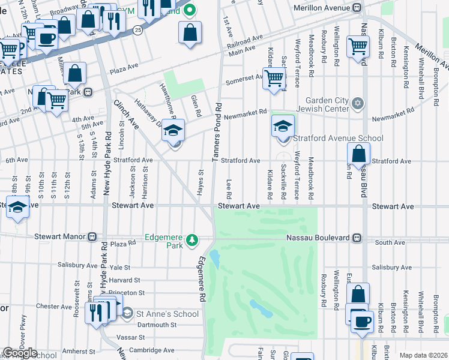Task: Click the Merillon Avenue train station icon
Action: click(x=357, y=8)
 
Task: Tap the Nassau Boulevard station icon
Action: click(x=357, y=238)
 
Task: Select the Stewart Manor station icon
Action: click(x=92, y=237)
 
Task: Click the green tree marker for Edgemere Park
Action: click(x=191, y=241)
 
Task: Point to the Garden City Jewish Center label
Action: click(x=327, y=104)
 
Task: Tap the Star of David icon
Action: click(x=358, y=104)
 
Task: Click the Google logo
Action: click(x=19, y=353)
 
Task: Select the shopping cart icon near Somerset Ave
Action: click(x=274, y=77)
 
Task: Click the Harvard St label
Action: click(x=124, y=280)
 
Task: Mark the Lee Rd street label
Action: click(x=229, y=188)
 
